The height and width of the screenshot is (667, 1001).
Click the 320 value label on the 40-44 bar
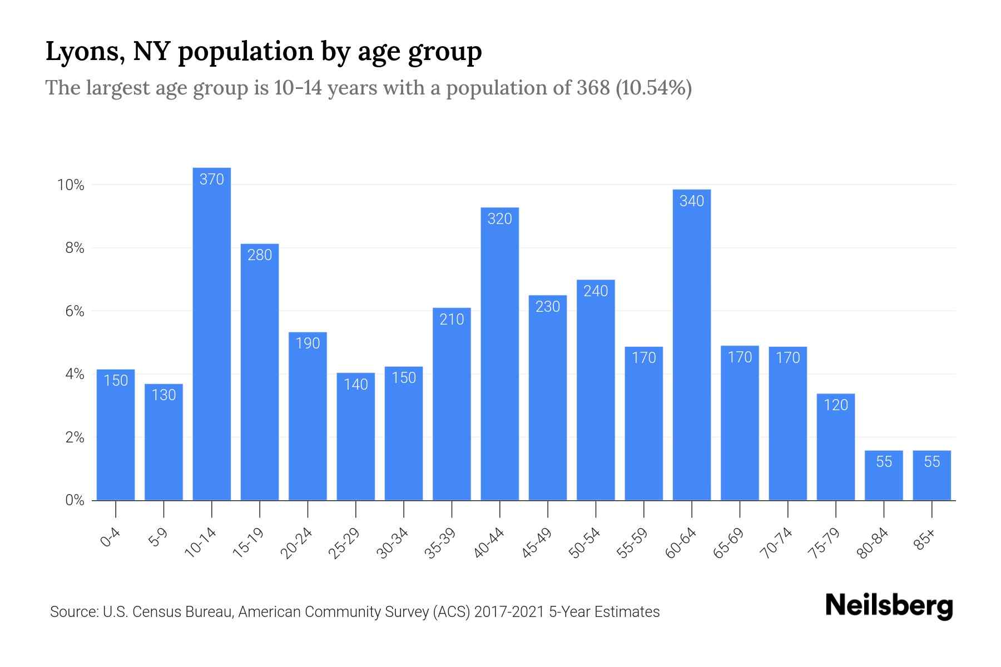[499, 219]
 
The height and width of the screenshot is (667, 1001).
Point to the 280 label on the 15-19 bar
[260, 255]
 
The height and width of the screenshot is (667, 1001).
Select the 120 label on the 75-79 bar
[835, 405]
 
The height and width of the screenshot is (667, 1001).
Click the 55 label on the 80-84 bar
[884, 462]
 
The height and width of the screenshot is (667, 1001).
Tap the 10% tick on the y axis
[71, 185]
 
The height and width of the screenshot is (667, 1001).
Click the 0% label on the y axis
[75, 500]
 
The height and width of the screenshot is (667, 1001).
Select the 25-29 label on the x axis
[344, 543]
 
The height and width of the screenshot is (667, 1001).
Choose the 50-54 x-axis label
[584, 543]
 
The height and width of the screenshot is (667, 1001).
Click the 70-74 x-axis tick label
[776, 543]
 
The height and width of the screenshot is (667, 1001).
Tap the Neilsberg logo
[889, 606]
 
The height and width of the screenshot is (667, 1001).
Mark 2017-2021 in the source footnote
[509, 612]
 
